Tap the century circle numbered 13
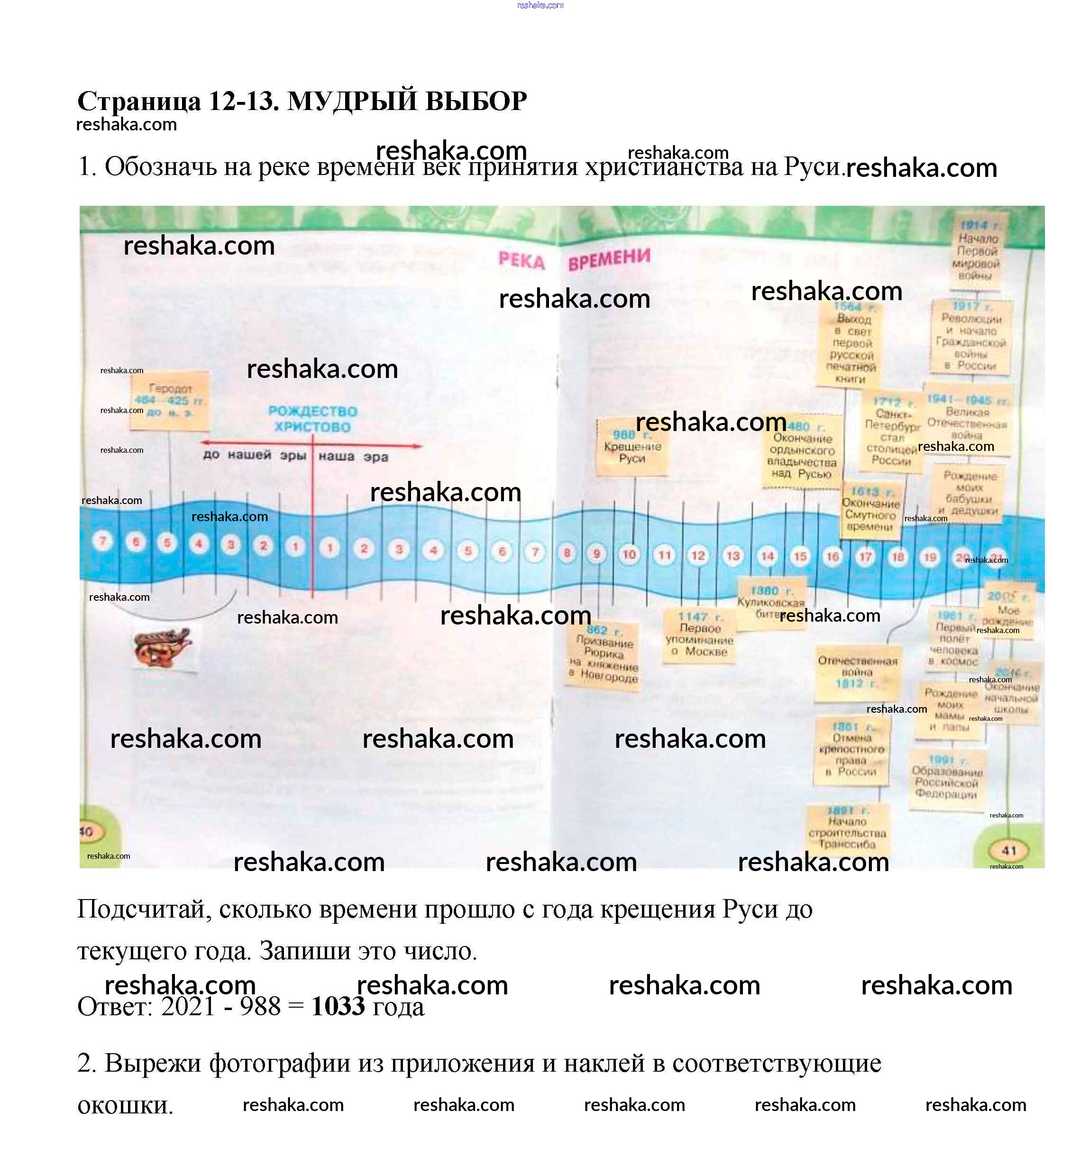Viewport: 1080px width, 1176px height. [733, 556]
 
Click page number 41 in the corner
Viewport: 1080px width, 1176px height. [1009, 850]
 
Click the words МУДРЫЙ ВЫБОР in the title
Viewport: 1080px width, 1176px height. [407, 101]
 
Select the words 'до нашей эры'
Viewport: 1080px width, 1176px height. [254, 455]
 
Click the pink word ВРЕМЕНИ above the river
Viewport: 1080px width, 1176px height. [609, 259]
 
